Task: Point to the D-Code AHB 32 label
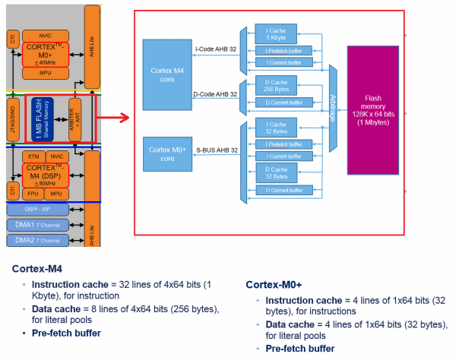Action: tap(216, 95)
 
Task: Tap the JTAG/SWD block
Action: tap(12, 118)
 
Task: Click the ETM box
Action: tap(35, 156)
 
